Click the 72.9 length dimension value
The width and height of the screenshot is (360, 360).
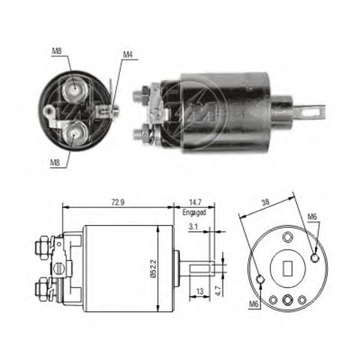coord(118,202)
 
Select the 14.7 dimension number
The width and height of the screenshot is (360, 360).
coord(195,202)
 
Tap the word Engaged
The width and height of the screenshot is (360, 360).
coord(194,212)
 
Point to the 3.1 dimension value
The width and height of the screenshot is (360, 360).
coord(193,226)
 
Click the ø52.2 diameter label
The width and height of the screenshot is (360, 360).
coord(153,268)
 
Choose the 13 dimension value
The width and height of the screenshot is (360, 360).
coord(200,291)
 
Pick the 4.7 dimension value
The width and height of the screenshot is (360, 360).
coord(218,290)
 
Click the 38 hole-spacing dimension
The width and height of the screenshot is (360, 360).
coord(265,202)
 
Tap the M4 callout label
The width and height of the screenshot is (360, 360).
coord(127,55)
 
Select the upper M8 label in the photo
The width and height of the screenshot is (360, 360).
coord(57,51)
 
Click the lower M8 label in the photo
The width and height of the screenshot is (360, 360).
coord(55,163)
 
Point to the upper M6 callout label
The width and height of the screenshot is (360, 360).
coord(312,217)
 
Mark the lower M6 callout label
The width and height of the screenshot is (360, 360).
coord(253,304)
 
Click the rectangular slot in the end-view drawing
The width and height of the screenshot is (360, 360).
coord(288,268)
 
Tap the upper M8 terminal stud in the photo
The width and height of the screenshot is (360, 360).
coord(74,90)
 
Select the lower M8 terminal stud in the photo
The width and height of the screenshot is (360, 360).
coord(74,133)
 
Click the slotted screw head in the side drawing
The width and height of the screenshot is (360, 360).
coord(60,269)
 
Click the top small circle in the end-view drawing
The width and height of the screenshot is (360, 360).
coord(287,236)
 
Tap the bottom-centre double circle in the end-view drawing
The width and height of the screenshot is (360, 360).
coord(288,299)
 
